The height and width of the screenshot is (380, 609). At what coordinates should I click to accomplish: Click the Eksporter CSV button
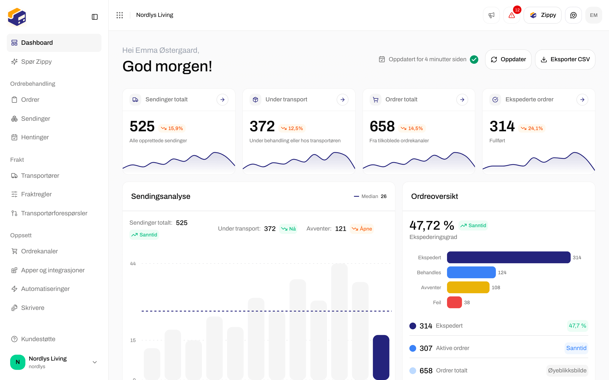point(565,59)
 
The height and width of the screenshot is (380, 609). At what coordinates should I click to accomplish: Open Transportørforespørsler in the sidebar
point(54,213)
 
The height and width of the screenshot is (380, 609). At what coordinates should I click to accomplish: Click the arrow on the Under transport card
point(343,99)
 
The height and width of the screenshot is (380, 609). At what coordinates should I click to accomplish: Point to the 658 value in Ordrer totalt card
point(382,126)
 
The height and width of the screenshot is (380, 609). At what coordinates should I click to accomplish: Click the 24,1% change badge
point(532,128)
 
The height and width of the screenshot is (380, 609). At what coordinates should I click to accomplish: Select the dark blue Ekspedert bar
point(509,257)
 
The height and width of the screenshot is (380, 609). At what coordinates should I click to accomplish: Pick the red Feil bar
point(454,302)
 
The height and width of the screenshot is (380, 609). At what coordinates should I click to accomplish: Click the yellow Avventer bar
point(468,287)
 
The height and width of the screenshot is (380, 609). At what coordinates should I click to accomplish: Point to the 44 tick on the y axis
point(133,264)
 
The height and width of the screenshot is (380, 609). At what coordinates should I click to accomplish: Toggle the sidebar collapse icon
point(95,17)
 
